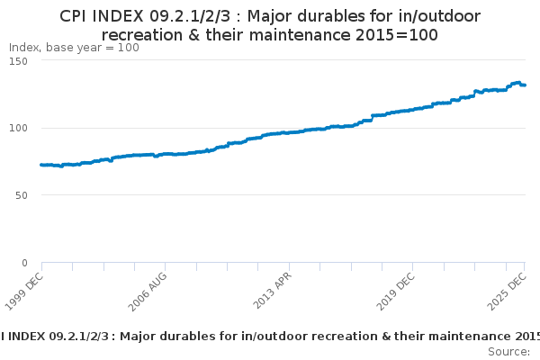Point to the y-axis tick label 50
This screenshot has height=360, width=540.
[22, 195]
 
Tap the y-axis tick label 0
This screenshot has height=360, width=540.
[25, 263]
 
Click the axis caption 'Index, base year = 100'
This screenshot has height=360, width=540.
[74, 48]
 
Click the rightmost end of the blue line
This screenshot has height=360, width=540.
[525, 85]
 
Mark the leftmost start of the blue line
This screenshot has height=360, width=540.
[41, 165]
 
